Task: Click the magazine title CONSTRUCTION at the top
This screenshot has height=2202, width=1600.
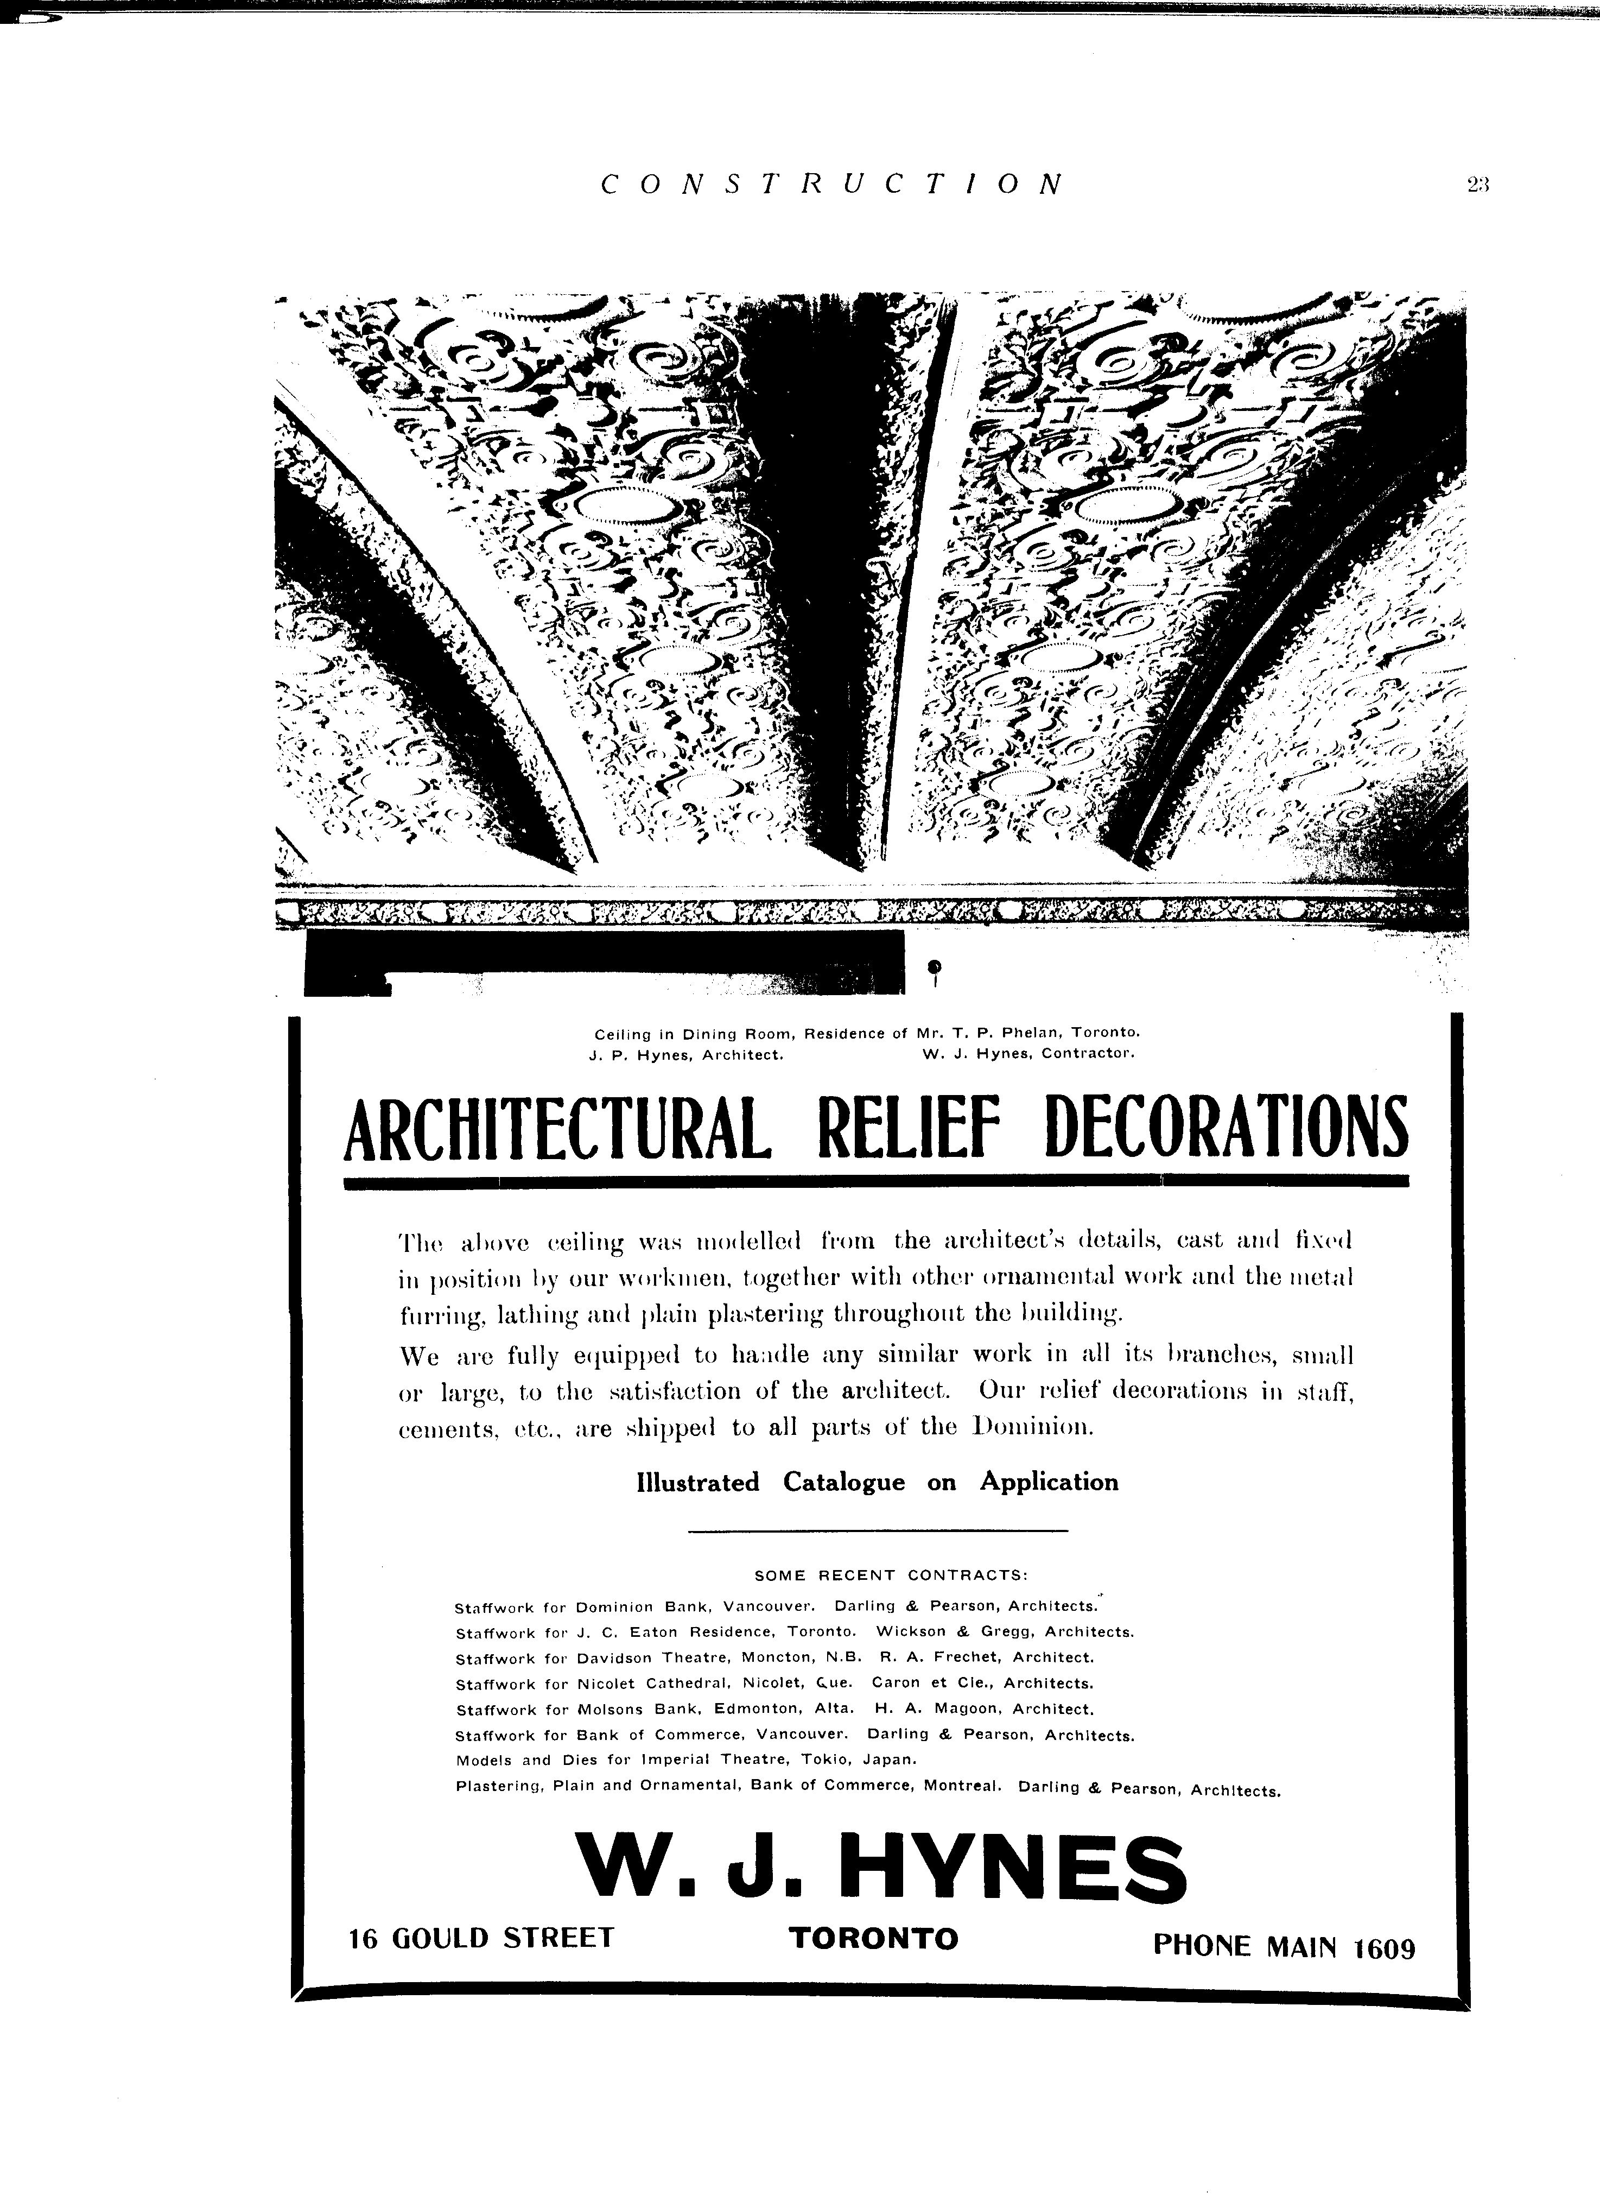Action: tap(832, 185)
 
